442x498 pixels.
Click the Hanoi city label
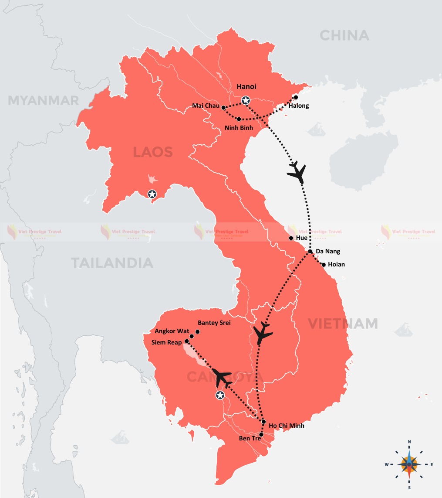coord(246,87)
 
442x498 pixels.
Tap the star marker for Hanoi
coord(246,101)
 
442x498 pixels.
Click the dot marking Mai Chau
coord(223,107)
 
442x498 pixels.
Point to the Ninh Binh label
coord(239,128)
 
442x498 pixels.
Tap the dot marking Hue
coord(291,238)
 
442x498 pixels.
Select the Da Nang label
coord(328,252)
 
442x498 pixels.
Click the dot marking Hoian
coord(324,264)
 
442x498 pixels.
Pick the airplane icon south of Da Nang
coord(263,333)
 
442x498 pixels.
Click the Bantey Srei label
coord(214,323)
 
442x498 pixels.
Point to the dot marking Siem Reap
coord(187,341)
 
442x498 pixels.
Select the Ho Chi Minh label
coord(286,426)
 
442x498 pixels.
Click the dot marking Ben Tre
coord(261,435)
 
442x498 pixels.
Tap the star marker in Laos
coord(152,194)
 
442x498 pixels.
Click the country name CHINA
coord(344,35)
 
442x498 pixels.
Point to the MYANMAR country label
coord(44,101)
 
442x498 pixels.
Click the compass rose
coord(409,464)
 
